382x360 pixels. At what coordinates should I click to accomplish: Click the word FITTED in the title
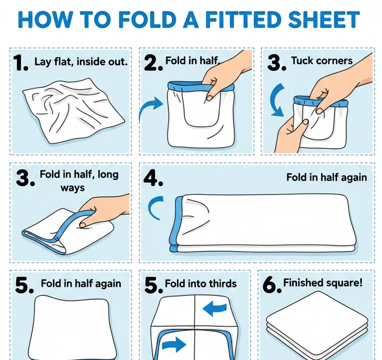[x=244, y=19]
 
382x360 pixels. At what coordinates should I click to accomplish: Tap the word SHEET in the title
[x=324, y=19]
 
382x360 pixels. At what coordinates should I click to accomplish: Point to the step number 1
[x=20, y=63]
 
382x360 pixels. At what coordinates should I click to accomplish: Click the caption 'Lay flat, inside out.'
[x=81, y=61]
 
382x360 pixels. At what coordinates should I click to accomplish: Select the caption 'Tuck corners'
[x=322, y=60]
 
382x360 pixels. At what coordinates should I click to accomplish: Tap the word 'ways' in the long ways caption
[x=73, y=188]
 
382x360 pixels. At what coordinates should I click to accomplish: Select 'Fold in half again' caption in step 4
[x=326, y=177]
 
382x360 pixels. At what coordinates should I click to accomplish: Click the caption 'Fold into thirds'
[x=201, y=283]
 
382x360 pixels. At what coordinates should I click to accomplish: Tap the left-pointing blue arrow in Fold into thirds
[x=214, y=308]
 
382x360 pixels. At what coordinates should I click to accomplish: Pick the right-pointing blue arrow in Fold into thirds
[x=174, y=344]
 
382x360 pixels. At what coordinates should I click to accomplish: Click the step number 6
[x=272, y=285]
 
